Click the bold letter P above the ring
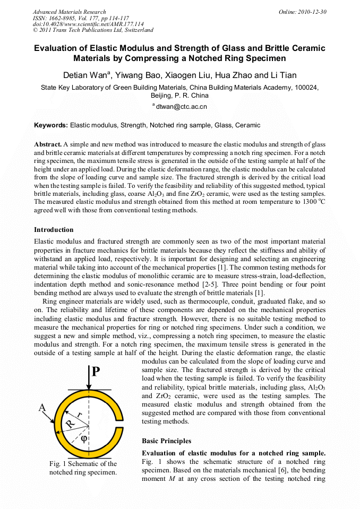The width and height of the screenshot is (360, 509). [96, 370]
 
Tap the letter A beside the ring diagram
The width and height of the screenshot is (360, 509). [42, 407]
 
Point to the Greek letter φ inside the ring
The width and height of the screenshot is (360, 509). [83, 438]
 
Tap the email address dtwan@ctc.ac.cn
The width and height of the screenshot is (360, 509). [181, 107]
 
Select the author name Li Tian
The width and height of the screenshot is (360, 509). [282, 75]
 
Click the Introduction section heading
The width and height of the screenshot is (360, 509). [54, 230]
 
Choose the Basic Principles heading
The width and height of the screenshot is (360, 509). [166, 441]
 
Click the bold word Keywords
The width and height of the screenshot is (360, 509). [50, 125]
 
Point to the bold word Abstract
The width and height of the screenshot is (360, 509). [48, 144]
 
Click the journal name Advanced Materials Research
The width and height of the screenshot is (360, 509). [69, 12]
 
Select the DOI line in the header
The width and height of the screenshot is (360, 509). [88, 24]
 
